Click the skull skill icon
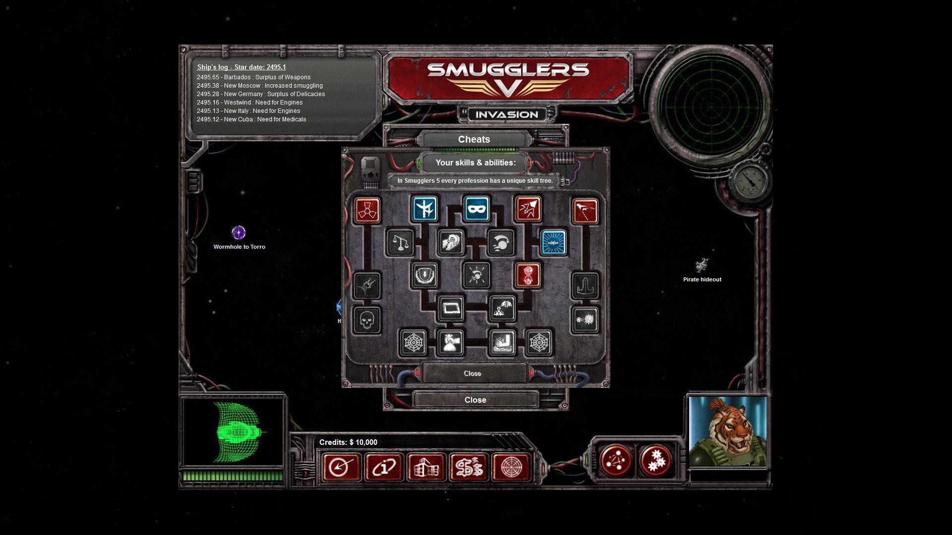pyautogui.click(x=367, y=320)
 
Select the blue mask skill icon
pyautogui.click(x=477, y=209)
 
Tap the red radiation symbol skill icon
pyautogui.click(x=367, y=210)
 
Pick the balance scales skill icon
pyautogui.click(x=400, y=243)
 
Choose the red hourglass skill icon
pyautogui.click(x=528, y=275)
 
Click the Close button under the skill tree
pyautogui.click(x=472, y=374)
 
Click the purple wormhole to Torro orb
pyautogui.click(x=238, y=232)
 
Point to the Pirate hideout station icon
pyautogui.click(x=702, y=266)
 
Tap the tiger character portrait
pyautogui.click(x=727, y=432)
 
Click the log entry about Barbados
pyautogui.click(x=253, y=77)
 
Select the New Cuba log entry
pyautogui.click(x=251, y=119)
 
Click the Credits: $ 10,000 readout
pyautogui.click(x=348, y=442)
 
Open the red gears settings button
pyautogui.click(x=655, y=461)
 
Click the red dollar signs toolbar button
pyautogui.click(x=469, y=467)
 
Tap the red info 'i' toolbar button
pyautogui.click(x=384, y=467)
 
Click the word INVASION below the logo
pyautogui.click(x=506, y=115)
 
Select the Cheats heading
pyautogui.click(x=474, y=140)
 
